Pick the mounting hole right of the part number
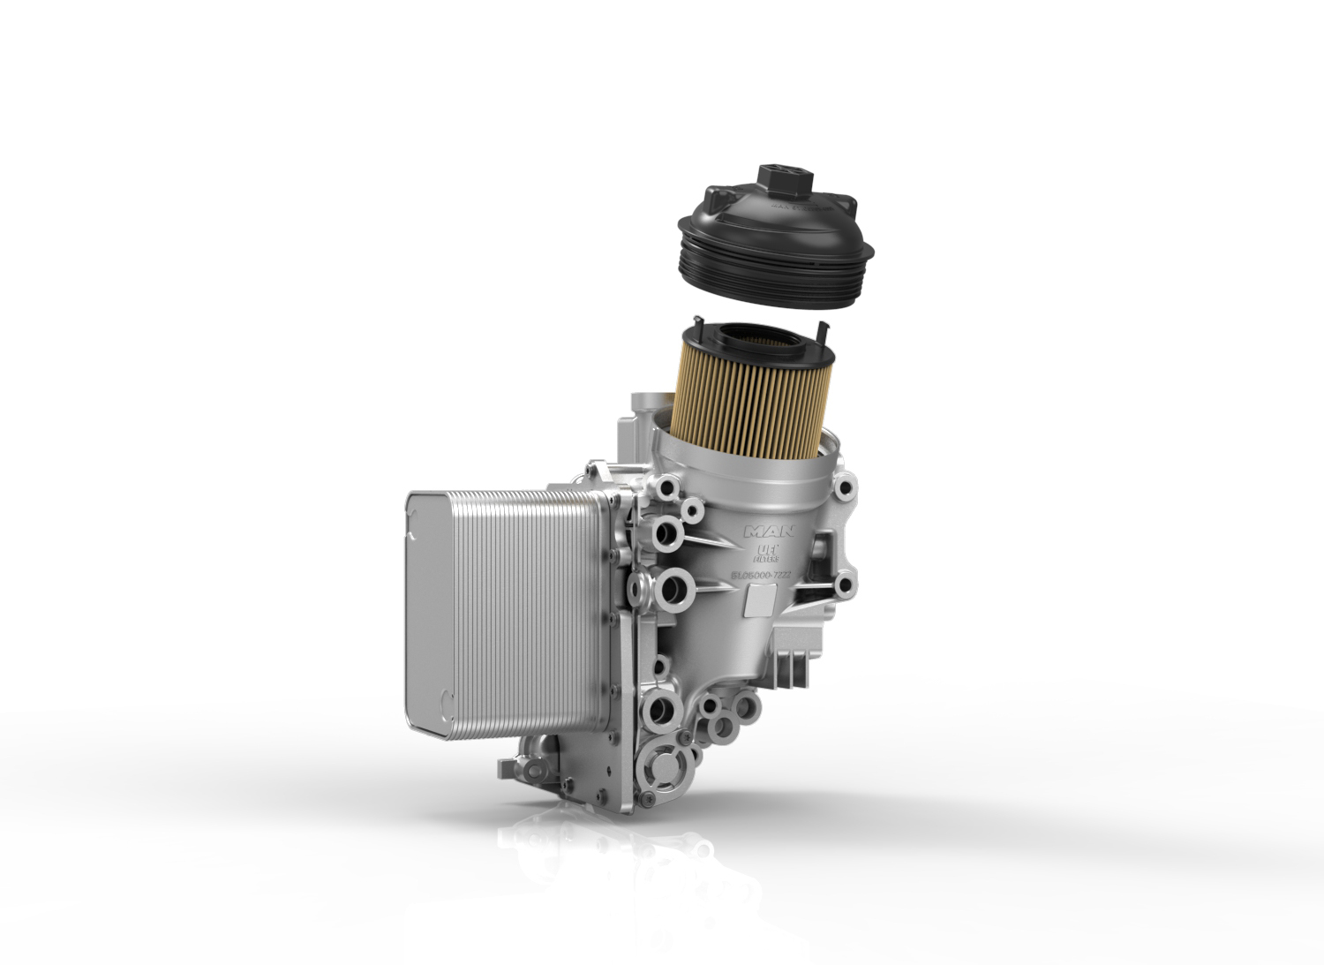(844, 583)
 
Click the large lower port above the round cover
(660, 706)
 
